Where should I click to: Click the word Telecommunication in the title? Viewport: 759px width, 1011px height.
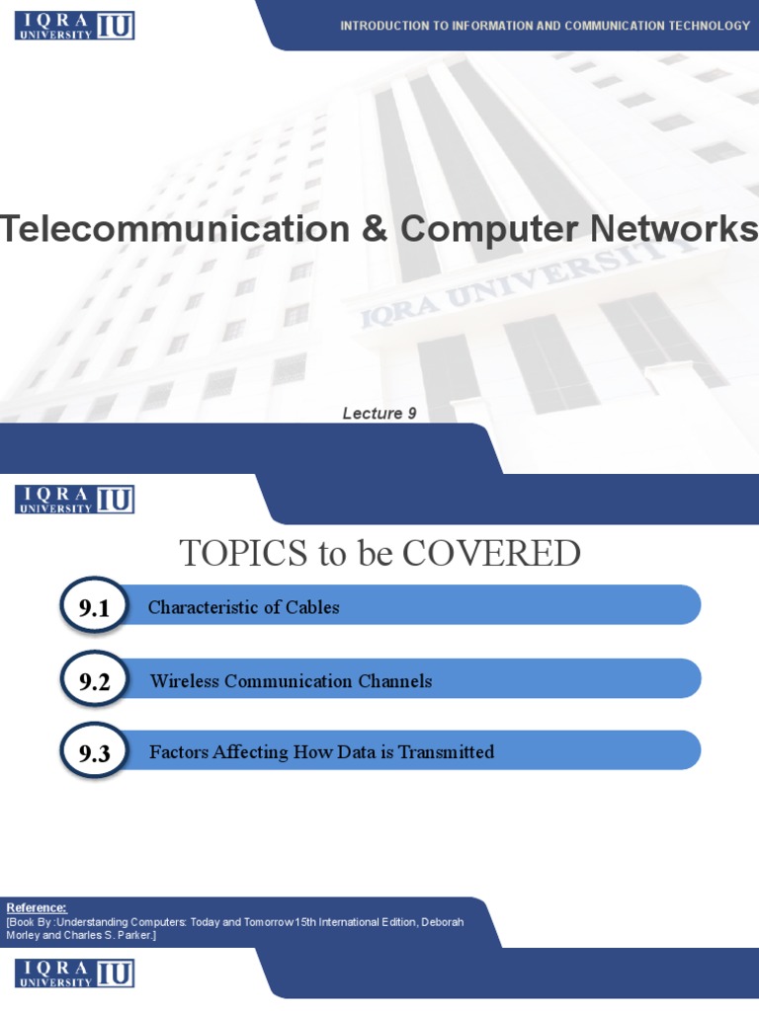coord(175,228)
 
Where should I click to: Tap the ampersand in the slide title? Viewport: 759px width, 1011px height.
coord(375,228)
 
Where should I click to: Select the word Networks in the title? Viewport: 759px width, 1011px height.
coord(674,228)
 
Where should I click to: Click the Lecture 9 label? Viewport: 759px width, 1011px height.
coord(379,414)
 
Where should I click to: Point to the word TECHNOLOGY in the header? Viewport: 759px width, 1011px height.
coord(710,26)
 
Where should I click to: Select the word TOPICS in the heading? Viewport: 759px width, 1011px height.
coord(243,553)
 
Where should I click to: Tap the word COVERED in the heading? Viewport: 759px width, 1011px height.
coord(491,553)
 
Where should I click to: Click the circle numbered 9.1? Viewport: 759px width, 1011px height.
coord(94,606)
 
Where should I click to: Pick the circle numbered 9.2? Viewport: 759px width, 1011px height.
coord(94,679)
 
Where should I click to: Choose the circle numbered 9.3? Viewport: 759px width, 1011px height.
coord(94,751)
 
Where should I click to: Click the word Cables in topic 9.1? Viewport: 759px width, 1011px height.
coord(312,607)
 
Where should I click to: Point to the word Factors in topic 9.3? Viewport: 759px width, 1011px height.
coord(179,751)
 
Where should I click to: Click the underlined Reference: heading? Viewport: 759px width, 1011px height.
coord(37,908)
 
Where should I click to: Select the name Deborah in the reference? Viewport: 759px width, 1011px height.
coord(443,922)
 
